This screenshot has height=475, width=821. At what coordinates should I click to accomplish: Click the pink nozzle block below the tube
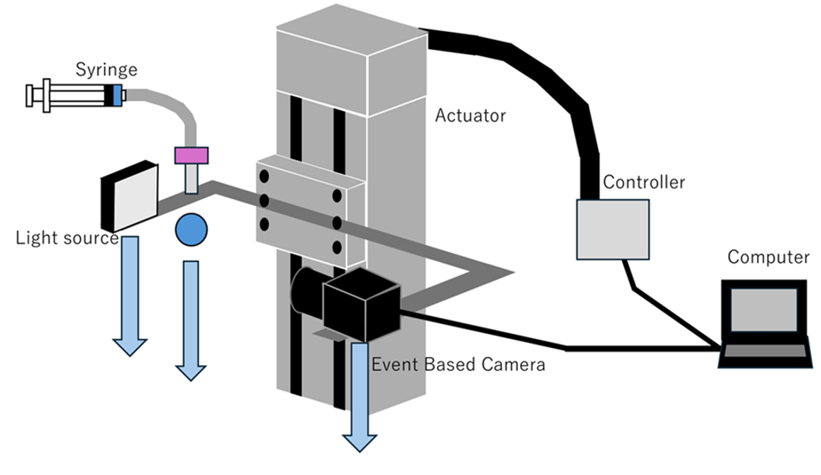click(191, 155)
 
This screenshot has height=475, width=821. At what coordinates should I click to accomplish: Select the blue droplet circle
click(191, 230)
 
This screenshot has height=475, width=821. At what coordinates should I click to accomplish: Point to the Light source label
click(67, 239)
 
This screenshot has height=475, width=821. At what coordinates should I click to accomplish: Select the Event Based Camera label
click(458, 365)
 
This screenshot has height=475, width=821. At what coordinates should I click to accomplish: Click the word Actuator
click(470, 116)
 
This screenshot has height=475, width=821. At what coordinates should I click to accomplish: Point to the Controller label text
click(643, 182)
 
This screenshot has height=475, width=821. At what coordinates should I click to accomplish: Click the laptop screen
click(765, 310)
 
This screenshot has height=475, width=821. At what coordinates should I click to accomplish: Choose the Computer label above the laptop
click(768, 258)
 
